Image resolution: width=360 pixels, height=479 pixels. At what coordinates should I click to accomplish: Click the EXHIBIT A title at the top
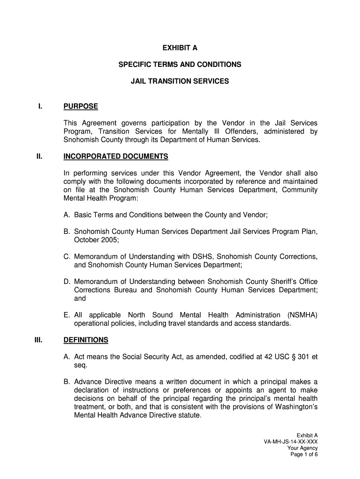tap(180, 47)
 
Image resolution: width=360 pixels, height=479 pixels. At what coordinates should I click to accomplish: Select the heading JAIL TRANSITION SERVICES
tap(180, 81)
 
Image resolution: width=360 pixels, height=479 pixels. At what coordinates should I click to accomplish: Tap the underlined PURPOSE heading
tap(80, 107)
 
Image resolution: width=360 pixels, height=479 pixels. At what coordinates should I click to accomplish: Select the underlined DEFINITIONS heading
tap(86, 340)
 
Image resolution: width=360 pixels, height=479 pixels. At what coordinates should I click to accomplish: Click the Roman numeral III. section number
tap(39, 340)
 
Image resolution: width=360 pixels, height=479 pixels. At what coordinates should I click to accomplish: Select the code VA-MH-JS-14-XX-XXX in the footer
tap(291, 442)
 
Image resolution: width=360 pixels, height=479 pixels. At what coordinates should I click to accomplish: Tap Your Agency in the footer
tap(302, 448)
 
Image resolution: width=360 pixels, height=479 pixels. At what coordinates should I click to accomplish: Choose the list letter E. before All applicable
tap(67, 315)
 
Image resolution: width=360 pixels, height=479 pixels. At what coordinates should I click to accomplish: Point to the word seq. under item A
tap(81, 365)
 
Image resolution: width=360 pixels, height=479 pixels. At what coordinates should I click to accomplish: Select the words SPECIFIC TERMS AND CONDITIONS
tap(180, 65)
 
